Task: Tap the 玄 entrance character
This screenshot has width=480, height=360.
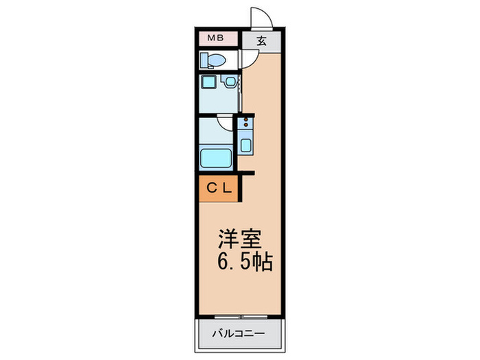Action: (262, 40)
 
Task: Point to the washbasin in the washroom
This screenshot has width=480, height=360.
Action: (230, 83)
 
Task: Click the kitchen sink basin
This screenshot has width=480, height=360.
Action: (246, 145)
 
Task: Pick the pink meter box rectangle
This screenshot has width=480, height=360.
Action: (217, 38)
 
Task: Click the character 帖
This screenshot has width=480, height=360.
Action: (263, 262)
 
